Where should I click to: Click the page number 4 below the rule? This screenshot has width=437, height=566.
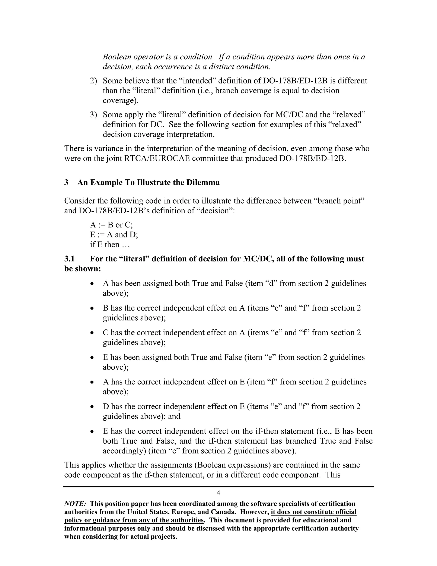click(218, 493)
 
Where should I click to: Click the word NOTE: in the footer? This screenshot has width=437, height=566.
click(75, 504)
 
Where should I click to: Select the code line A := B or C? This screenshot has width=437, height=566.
click(111, 225)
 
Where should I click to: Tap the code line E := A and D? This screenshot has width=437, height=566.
click(114, 235)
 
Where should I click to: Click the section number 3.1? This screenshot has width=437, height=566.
click(69, 259)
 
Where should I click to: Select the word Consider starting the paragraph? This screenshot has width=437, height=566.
click(80, 201)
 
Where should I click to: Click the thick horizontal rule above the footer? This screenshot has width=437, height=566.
click(218, 486)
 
